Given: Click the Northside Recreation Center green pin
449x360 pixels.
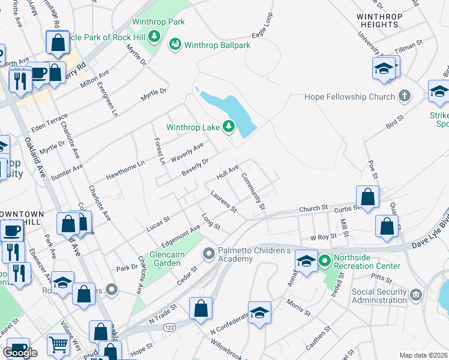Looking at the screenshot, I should tap(325, 262).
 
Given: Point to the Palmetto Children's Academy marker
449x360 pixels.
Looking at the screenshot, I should tap(209, 254).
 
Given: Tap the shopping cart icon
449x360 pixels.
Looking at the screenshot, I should tap(58, 344).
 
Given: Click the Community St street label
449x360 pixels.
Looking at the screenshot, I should tap(253, 191).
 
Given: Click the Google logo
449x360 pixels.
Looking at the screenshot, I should tap(20, 352).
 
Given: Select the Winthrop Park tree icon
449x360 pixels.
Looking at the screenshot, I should tap(155, 37).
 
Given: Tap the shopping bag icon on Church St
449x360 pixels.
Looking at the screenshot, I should tap(367, 196).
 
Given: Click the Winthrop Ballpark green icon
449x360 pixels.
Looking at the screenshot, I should tap(175, 44).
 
